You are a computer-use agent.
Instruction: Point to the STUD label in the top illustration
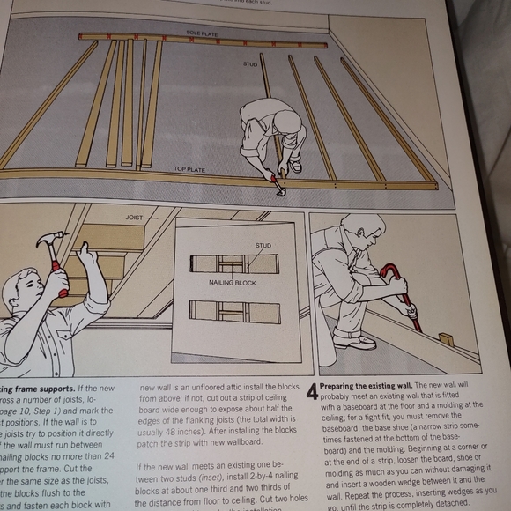point(250,63)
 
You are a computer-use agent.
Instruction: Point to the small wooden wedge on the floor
point(447,339)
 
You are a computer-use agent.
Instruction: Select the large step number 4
point(312,394)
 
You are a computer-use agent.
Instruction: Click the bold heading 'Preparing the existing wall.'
point(363,386)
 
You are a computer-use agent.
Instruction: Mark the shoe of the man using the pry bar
point(355,341)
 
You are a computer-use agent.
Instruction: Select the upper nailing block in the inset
point(233,263)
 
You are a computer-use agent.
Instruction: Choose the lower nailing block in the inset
point(233,312)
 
